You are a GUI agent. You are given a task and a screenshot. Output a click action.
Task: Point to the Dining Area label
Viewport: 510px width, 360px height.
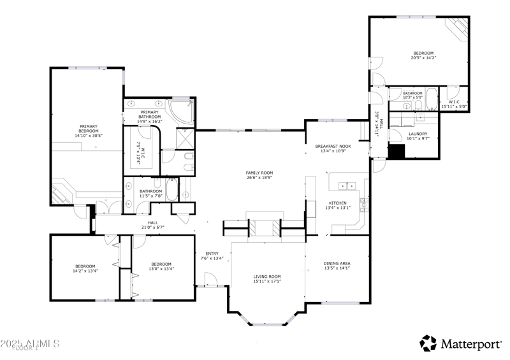[337, 263]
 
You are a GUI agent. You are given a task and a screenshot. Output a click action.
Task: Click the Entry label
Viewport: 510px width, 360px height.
[212, 254]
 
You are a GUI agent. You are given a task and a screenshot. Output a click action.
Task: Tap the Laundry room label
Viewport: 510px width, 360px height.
[418, 134]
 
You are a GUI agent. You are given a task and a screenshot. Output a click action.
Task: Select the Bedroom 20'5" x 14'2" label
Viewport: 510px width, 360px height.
[423, 54]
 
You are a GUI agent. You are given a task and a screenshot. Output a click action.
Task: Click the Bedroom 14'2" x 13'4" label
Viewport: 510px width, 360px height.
[85, 266]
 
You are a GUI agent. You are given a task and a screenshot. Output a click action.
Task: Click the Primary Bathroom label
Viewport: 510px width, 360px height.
[150, 113]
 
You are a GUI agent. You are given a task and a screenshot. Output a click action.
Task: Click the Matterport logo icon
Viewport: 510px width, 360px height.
[428, 343]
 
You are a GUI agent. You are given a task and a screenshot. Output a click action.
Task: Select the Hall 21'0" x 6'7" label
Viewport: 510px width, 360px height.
[153, 223]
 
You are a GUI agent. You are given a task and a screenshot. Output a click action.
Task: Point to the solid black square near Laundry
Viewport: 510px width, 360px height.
[397, 152]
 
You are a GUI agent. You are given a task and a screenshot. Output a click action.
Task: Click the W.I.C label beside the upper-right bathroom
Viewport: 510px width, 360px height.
[455, 102]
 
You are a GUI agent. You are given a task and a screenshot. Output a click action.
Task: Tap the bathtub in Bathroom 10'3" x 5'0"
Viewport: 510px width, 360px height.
[432, 100]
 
